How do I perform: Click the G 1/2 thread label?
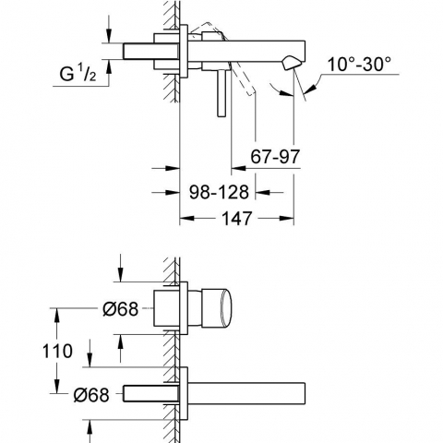pyautogui.click(x=78, y=74)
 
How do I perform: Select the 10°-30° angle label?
pyautogui.click(x=359, y=65)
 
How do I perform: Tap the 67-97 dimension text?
pyautogui.click(x=275, y=156)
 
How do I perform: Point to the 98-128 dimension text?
pyautogui.click(x=219, y=192)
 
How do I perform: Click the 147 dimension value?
pyautogui.click(x=236, y=218)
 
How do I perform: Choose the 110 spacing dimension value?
pyautogui.click(x=57, y=351)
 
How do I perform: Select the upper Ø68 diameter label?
pyautogui.click(x=120, y=308)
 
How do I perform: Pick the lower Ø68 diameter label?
pyautogui.click(x=91, y=394)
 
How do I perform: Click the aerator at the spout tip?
pyautogui.click(x=290, y=63)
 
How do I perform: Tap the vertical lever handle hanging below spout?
pyautogui.click(x=221, y=93)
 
